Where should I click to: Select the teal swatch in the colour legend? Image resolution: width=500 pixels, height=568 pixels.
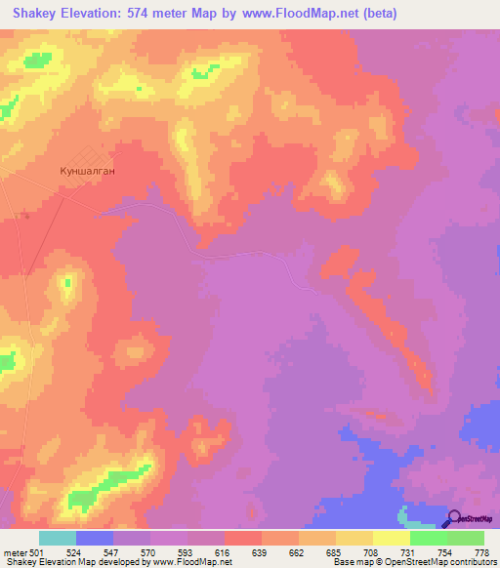pyautogui.click(x=58, y=538)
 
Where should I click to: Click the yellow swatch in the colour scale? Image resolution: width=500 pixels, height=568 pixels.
pyautogui.click(x=392, y=538)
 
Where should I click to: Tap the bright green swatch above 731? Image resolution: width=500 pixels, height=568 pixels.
pyautogui.click(x=429, y=538)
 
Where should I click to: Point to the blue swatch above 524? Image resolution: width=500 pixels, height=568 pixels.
pyautogui.click(x=95, y=538)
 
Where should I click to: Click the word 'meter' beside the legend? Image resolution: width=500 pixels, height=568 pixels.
pyautogui.click(x=15, y=551)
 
